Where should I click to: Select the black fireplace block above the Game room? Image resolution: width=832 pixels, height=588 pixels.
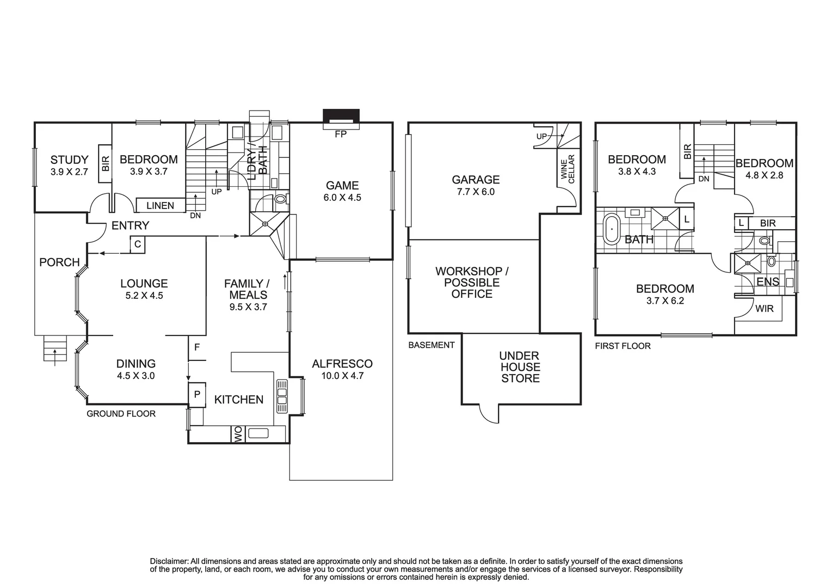click(341, 117)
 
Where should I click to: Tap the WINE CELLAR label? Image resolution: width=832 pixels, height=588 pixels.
click(568, 169)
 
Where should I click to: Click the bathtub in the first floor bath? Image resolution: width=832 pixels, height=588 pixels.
click(612, 229)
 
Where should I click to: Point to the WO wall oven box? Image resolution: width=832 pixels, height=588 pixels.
click(238, 434)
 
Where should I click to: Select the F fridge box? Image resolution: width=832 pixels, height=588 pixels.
click(197, 347)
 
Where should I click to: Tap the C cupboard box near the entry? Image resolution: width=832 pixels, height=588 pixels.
click(138, 244)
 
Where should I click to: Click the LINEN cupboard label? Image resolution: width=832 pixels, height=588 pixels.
click(160, 205)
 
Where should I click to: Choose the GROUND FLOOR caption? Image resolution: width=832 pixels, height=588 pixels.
click(121, 414)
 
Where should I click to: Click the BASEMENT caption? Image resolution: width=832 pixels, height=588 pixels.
click(431, 345)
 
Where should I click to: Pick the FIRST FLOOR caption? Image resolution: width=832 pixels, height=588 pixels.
click(623, 346)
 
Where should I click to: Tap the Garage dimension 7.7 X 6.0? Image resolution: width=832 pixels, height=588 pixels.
click(476, 192)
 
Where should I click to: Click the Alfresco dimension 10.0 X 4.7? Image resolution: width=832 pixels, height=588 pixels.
click(342, 376)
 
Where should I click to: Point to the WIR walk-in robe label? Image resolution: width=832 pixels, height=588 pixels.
click(764, 309)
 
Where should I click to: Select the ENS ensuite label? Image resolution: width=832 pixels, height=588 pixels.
click(768, 282)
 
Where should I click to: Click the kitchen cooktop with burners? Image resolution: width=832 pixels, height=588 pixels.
click(282, 392)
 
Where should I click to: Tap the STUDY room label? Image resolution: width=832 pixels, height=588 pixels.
click(69, 160)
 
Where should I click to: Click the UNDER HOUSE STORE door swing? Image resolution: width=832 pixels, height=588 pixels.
click(489, 415)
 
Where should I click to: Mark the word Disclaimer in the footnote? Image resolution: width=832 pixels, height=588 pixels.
click(169, 561)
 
